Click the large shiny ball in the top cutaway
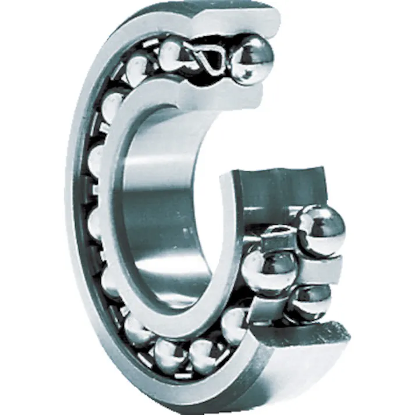[x=251, y=60]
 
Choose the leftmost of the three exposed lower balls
[x=269, y=270]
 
